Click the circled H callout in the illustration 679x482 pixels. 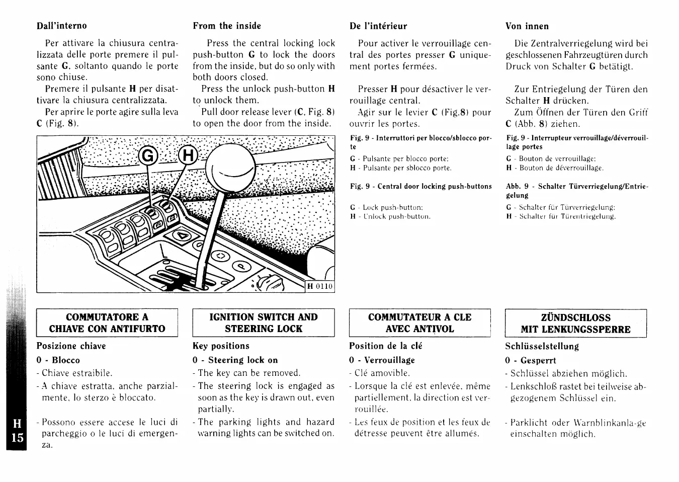(187, 156)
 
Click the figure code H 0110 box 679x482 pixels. (320, 286)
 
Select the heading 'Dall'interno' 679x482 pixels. (61, 26)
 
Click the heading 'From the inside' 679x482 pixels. (227, 26)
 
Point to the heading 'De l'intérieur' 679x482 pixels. (378, 26)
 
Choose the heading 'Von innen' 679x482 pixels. (527, 26)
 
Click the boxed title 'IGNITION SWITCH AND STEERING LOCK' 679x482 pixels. (264, 323)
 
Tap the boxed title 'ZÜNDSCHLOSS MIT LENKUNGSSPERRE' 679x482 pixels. (575, 324)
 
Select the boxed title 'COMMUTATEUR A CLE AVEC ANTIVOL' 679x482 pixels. (419, 323)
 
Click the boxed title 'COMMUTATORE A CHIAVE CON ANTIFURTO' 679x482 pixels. (107, 323)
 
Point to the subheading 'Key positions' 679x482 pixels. (221, 346)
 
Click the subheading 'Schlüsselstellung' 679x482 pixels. (542, 347)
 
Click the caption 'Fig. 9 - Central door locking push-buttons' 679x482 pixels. (421, 187)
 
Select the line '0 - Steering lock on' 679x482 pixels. (235, 360)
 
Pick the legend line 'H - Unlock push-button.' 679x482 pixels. (390, 217)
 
